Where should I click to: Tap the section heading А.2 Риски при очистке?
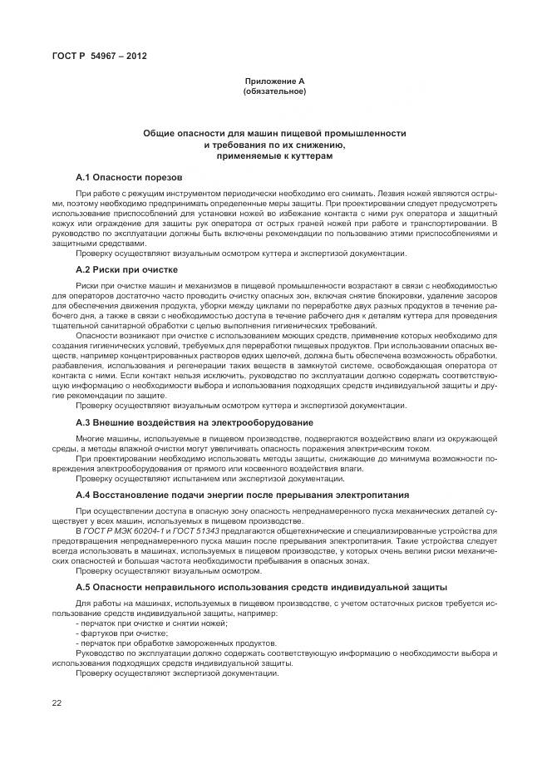point(126,269)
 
